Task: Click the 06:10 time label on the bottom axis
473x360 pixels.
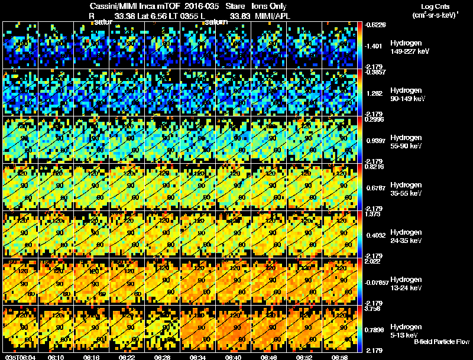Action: (56, 357)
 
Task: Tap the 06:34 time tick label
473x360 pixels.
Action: (198, 357)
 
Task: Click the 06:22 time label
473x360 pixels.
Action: (127, 357)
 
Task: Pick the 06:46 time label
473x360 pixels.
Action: (269, 357)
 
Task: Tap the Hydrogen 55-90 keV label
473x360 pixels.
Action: (407, 141)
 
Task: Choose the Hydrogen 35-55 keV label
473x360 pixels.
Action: (407, 189)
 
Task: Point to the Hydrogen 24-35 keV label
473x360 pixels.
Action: (407, 236)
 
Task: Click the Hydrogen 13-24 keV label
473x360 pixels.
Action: (407, 283)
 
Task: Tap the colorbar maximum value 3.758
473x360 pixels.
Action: (372, 308)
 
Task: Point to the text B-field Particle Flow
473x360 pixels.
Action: (442, 342)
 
